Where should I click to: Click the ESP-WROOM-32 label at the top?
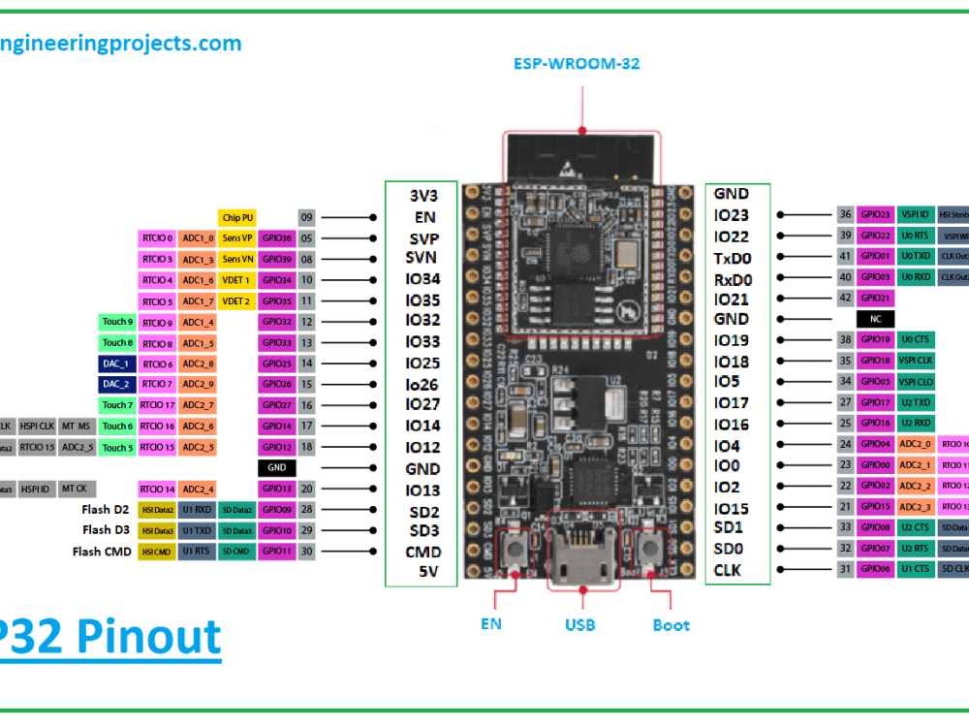(576, 64)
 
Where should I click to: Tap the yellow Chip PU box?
(236, 218)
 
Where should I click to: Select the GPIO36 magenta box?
(276, 238)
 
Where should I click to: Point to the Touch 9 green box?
(117, 322)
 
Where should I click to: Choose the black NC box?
(874, 319)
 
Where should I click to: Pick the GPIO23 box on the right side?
(874, 215)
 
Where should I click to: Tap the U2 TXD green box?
(916, 402)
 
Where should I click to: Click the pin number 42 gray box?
(845, 299)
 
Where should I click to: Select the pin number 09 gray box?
(306, 218)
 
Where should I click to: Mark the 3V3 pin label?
(422, 194)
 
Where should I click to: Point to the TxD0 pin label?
(733, 259)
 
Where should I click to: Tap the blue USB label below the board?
(579, 625)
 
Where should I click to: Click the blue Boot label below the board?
(671, 625)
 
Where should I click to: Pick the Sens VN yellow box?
(236, 259)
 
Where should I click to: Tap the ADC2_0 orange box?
(916, 444)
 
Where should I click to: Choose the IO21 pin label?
(732, 300)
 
